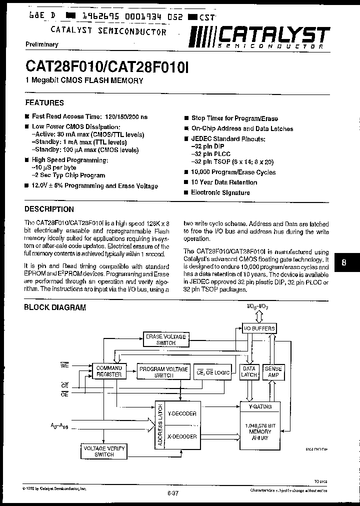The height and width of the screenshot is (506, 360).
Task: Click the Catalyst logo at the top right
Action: click(x=259, y=37)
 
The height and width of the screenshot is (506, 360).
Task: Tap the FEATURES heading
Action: click(x=44, y=102)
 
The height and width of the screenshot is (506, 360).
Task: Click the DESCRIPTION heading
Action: click(x=49, y=209)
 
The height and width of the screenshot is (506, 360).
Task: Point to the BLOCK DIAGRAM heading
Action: click(x=55, y=307)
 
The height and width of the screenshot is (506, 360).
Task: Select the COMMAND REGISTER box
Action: click(x=109, y=371)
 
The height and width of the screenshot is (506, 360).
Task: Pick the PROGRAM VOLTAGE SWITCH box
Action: click(x=163, y=371)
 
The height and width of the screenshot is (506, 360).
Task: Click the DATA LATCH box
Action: click(x=248, y=371)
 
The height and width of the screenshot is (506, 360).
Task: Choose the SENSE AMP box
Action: click(x=273, y=371)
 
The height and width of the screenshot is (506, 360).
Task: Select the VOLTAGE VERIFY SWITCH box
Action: click(x=104, y=451)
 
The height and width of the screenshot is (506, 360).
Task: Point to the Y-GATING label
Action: click(x=260, y=406)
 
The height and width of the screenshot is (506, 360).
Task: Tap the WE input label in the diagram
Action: click(x=64, y=365)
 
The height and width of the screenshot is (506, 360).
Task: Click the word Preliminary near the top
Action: click(x=41, y=44)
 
